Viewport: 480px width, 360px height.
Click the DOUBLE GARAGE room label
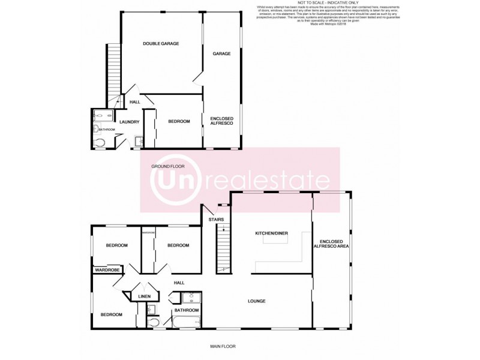pyautogui.click(x=161, y=43)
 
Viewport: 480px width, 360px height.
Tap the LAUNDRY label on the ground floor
pyautogui.click(x=130, y=122)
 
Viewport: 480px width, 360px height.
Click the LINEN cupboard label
pyautogui.click(x=145, y=296)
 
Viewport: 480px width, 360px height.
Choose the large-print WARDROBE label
pyautogui.click(x=107, y=270)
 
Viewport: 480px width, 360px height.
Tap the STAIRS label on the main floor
pyautogui.click(x=216, y=220)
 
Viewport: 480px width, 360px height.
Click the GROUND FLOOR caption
pyautogui.click(x=167, y=166)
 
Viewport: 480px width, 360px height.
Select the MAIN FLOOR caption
pyautogui.click(x=222, y=346)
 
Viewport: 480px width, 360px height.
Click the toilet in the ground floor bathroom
pyautogui.click(x=100, y=142)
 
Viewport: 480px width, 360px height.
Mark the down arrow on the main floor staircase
pyautogui.click(x=223, y=229)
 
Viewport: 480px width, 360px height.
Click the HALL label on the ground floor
pyautogui.click(x=135, y=103)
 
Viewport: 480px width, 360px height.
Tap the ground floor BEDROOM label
pyautogui.click(x=179, y=122)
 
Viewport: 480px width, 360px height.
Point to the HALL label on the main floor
pyautogui.click(x=179, y=283)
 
